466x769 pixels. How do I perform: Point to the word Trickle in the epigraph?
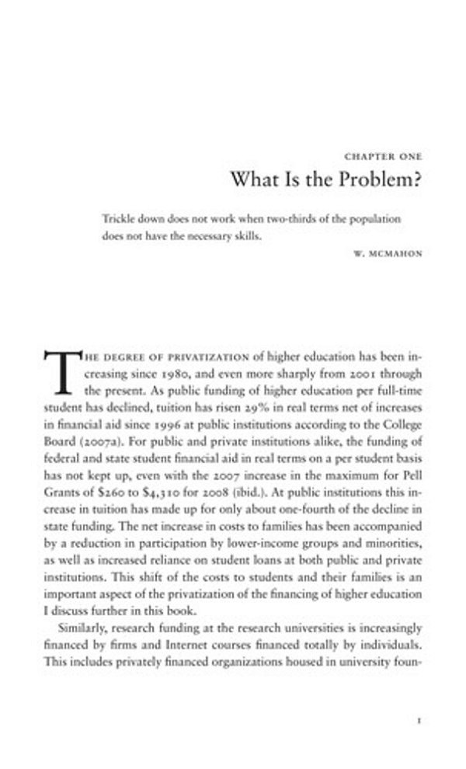pos(119,219)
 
